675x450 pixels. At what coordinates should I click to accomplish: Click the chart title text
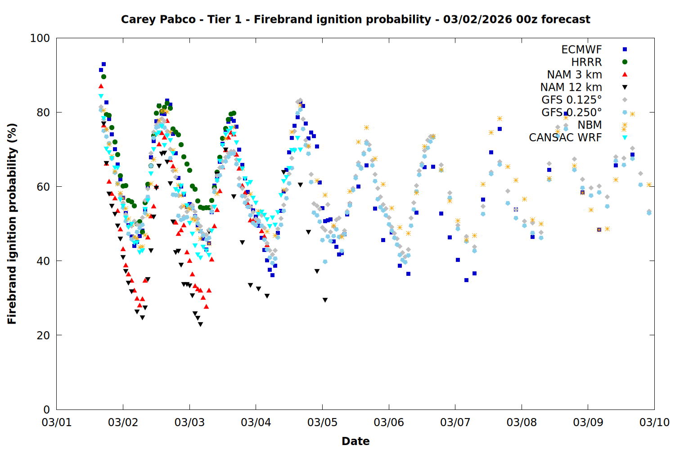tap(355, 19)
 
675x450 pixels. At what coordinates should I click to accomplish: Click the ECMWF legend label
tap(581, 49)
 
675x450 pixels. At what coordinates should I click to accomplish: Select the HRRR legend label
tap(586, 62)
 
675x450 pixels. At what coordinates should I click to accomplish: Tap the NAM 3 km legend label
tap(574, 75)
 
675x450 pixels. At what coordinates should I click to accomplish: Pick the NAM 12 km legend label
tap(571, 87)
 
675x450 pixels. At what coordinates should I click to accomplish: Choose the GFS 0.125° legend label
tap(571, 100)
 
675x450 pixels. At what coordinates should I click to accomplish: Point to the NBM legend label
tap(589, 125)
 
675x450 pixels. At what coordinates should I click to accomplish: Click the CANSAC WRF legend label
tap(565, 138)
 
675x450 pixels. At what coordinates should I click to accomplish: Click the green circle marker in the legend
tap(625, 62)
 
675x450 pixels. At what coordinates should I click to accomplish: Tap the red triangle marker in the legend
tap(625, 75)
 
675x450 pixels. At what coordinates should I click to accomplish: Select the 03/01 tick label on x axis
tap(57, 423)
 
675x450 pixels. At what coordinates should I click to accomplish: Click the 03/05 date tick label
tap(322, 423)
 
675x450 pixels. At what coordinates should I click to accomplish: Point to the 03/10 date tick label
tap(654, 423)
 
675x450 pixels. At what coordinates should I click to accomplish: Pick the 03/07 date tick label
tap(455, 423)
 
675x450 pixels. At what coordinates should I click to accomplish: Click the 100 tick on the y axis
tap(40, 38)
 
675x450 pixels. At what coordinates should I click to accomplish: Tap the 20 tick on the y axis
tap(43, 335)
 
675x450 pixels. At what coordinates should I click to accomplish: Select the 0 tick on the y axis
tap(47, 409)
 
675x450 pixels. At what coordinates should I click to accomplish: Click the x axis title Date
tap(355, 441)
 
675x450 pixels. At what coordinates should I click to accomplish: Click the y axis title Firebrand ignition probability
tap(12, 224)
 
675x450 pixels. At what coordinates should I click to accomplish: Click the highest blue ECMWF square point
tap(103, 64)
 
